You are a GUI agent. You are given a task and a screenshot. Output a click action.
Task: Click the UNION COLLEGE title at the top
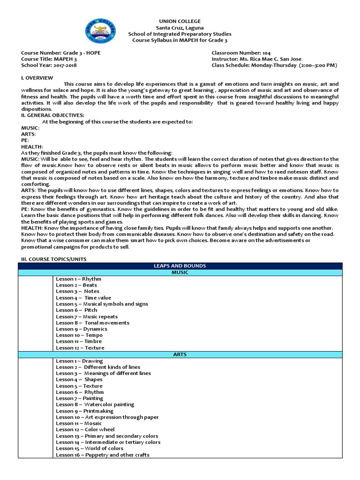pos(180,22)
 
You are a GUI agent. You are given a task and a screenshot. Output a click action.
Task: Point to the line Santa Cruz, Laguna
pos(180,28)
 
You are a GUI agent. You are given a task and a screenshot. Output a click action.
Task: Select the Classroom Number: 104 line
pos(241,53)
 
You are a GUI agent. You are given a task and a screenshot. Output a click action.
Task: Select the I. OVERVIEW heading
pos(37,78)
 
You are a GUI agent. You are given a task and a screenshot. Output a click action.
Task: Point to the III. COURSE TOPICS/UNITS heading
pos(53,259)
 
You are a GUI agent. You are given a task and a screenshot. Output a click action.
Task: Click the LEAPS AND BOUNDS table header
pos(180,266)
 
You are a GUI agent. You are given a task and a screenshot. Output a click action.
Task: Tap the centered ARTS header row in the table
pos(180,355)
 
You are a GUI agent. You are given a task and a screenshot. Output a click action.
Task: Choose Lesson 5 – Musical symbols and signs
pos(102,304)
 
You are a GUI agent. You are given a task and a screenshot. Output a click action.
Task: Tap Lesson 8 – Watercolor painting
pos(95,405)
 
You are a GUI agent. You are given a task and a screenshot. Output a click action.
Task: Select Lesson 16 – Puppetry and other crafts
pos(103,455)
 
